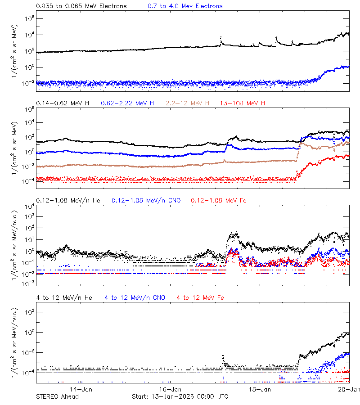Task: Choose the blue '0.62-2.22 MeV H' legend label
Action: click(127, 103)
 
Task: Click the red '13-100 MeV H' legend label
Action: click(243, 103)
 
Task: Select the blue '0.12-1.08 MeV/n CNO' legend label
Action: click(146, 200)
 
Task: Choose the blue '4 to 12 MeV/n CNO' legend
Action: click(135, 297)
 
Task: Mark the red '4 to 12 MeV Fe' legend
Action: click(200, 297)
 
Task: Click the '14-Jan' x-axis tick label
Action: click(81, 389)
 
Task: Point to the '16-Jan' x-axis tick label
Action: click(171, 389)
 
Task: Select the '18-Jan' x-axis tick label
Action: click(260, 389)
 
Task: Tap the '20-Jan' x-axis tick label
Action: click(349, 389)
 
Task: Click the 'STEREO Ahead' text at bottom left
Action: click(57, 396)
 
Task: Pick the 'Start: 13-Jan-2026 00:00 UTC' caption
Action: click(180, 396)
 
